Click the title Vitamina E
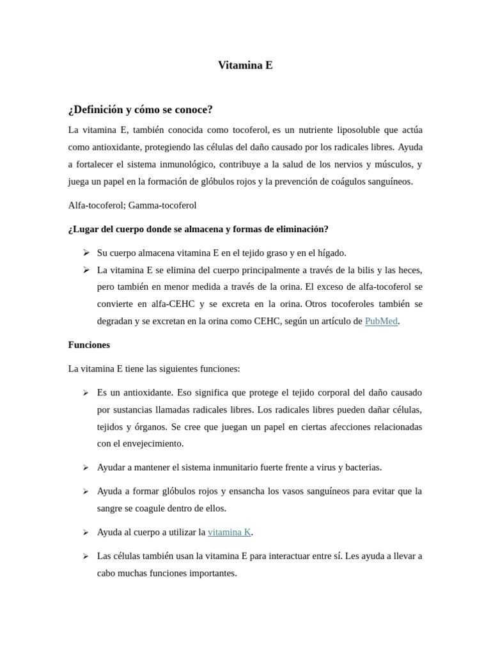245,65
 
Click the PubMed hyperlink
381,321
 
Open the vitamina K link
229,532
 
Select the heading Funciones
89,345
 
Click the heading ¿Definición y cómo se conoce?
140,109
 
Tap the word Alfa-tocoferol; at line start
97,205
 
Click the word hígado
332,253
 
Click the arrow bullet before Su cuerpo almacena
86,253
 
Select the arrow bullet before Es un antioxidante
86,392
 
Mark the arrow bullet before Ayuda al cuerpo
86,532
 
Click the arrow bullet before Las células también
86,556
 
